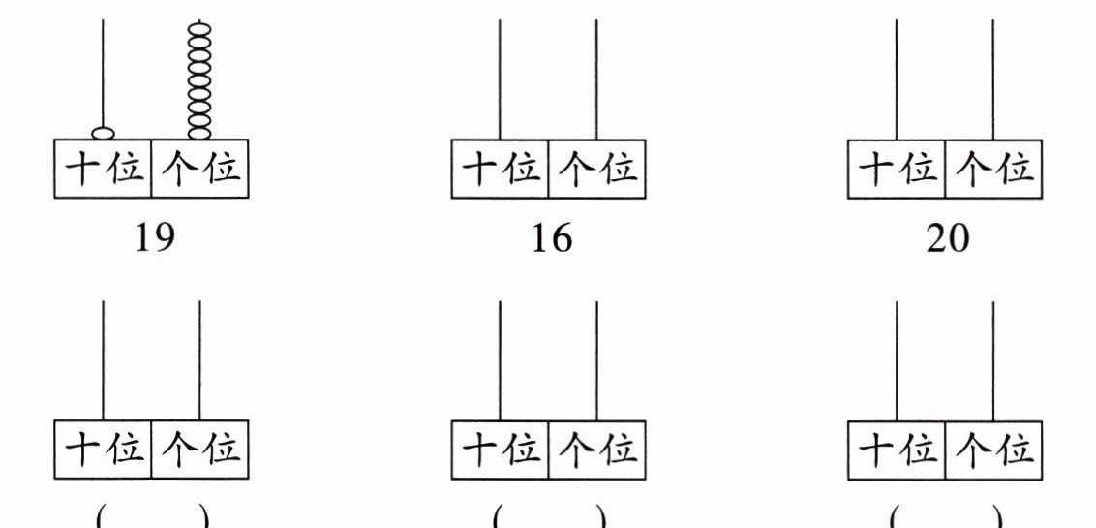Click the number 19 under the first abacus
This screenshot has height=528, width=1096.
(x=155, y=238)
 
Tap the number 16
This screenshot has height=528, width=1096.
(x=552, y=238)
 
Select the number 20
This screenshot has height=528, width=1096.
(x=948, y=238)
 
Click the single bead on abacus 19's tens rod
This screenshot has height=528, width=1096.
(x=104, y=133)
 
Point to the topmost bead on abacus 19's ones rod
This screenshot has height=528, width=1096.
(x=199, y=30)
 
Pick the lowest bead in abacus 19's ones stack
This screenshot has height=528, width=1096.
(x=199, y=133)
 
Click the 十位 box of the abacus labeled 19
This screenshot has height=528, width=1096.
(x=104, y=170)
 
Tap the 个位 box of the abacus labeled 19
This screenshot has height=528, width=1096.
(x=200, y=170)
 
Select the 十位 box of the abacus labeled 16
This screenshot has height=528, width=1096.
(x=501, y=170)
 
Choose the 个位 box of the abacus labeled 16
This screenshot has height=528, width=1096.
(x=597, y=170)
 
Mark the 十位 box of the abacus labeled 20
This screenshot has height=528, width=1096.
(x=897, y=170)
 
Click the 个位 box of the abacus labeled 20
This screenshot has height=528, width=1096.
(x=994, y=170)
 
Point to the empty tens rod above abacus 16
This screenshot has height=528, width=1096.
(x=500, y=79)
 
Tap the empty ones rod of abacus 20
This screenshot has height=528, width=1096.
(x=993, y=79)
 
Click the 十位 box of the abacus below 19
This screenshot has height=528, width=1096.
(x=104, y=450)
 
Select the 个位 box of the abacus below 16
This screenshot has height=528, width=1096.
(x=597, y=450)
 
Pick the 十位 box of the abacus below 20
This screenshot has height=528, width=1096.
(x=897, y=450)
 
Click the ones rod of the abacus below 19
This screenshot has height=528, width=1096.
(x=199, y=360)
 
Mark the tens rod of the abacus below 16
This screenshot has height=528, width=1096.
(x=500, y=360)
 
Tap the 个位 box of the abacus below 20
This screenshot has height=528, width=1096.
(x=994, y=450)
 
